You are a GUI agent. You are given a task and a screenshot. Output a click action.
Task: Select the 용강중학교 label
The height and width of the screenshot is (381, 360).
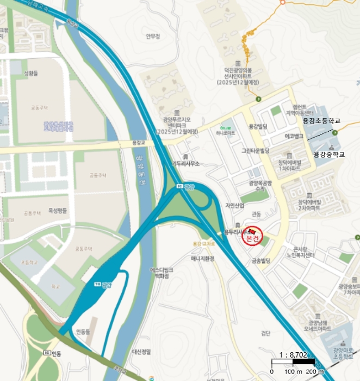tap(329, 154)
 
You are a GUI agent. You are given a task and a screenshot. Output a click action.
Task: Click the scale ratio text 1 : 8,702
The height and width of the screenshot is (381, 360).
tap(294, 354)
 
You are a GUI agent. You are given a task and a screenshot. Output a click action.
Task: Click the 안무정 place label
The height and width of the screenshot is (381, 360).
tap(153, 37)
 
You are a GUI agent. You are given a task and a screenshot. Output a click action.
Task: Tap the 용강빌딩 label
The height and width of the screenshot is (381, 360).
tap(259, 126)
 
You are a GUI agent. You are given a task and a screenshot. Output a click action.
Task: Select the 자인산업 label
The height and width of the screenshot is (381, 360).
tap(235, 205)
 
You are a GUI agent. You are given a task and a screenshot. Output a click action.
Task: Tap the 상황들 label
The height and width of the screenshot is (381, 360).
tap(32, 73)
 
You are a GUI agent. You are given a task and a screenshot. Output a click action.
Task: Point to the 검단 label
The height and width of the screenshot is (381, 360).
tap(265, 333)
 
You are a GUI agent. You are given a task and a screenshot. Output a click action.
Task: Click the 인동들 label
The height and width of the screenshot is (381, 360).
tap(83, 331)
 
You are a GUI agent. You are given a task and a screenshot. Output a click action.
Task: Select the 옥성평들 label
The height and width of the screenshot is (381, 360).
tap(58, 210)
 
